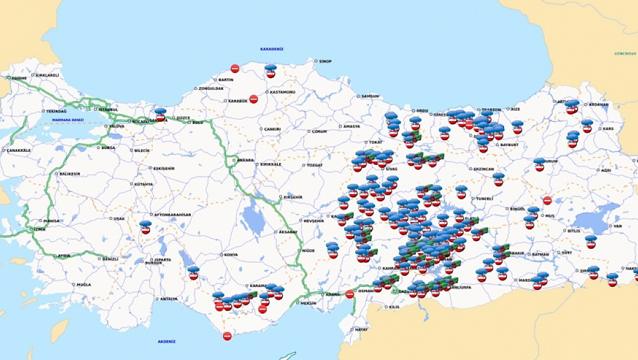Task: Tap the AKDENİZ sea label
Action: point(167,342)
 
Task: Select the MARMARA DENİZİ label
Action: point(68,120)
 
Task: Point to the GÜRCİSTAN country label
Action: point(625,53)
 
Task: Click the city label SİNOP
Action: point(325,61)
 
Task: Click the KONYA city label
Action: point(231,255)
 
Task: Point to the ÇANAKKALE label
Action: point(18,150)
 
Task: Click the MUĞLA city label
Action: point(83,285)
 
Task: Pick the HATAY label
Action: point(362,329)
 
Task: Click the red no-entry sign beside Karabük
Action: point(253,99)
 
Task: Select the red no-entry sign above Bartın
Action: point(235,68)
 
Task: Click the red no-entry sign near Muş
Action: point(547,201)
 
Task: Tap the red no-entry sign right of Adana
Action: point(349,294)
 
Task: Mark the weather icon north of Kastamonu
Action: point(271,71)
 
